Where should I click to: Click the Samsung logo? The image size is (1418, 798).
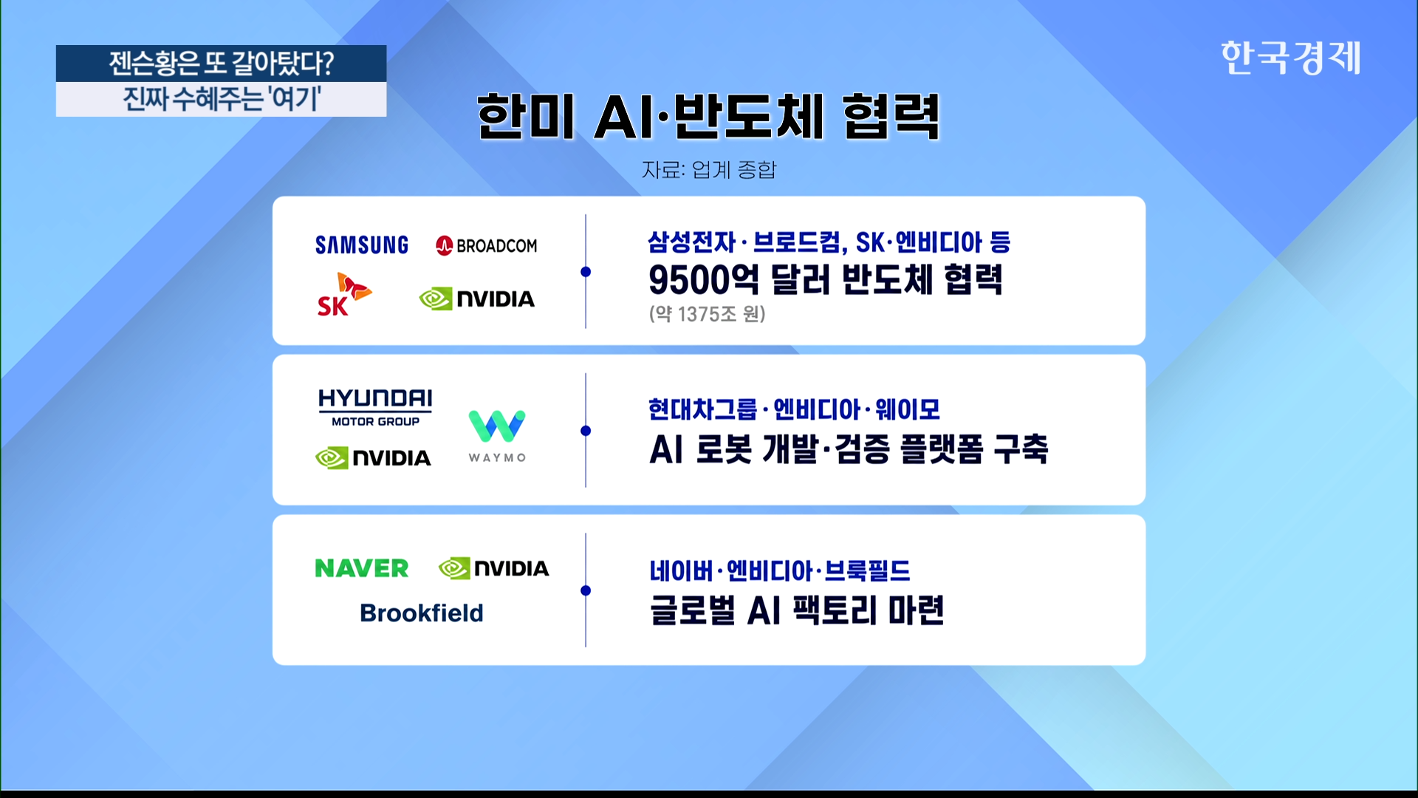[x=362, y=245]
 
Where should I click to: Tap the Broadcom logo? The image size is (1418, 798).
[x=487, y=245]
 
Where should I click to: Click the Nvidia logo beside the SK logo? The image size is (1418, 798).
[x=477, y=299]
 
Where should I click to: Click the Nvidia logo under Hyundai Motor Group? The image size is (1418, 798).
[x=373, y=458]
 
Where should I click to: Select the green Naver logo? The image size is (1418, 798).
[x=362, y=568]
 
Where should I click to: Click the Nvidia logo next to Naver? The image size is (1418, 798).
[x=494, y=568]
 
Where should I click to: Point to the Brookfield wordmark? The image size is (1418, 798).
[x=422, y=613]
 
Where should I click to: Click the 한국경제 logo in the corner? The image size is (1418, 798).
[x=1290, y=58]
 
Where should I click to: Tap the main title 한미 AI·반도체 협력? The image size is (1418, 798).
[x=708, y=117]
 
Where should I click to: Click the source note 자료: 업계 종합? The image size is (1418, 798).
[x=709, y=170]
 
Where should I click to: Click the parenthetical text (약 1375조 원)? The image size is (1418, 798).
[x=708, y=314]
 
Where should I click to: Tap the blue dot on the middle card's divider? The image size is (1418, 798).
[x=586, y=431]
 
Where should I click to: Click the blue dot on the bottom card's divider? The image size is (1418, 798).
[x=586, y=590]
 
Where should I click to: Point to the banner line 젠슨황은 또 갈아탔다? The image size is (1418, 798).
[x=222, y=64]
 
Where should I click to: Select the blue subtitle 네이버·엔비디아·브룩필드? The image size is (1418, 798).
[x=780, y=570]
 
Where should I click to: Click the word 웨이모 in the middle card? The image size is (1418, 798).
[x=908, y=409]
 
